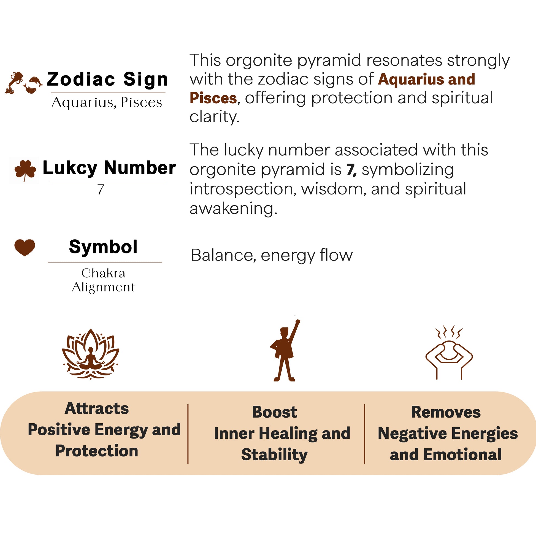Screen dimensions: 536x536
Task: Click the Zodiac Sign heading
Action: [x=108, y=79]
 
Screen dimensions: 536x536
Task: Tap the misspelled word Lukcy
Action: [x=70, y=168]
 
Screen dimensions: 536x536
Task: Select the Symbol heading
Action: [x=103, y=247]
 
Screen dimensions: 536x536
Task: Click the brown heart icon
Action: [x=25, y=247]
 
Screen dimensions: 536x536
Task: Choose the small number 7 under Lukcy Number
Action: [x=101, y=190]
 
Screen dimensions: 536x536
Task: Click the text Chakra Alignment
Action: [x=103, y=280]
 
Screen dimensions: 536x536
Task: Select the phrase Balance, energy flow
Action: [x=272, y=255]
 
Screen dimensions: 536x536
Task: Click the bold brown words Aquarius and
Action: [x=426, y=79]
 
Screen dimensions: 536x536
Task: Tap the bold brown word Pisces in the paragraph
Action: [x=213, y=98]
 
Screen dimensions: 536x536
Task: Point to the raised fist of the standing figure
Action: [x=298, y=322]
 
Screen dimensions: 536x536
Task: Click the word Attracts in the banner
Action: [x=97, y=408]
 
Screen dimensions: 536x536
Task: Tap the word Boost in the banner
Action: [x=274, y=412]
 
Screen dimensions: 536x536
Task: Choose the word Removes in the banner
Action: [x=446, y=412]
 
